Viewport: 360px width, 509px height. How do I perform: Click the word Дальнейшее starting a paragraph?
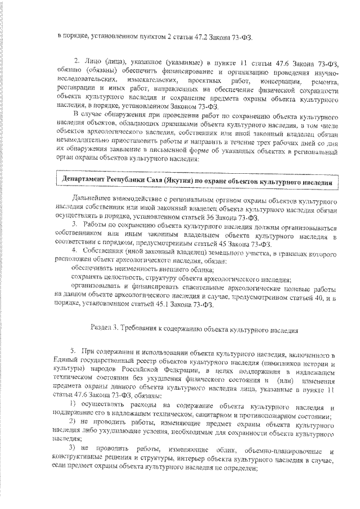[92, 201]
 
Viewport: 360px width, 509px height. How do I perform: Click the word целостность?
[110, 279]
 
